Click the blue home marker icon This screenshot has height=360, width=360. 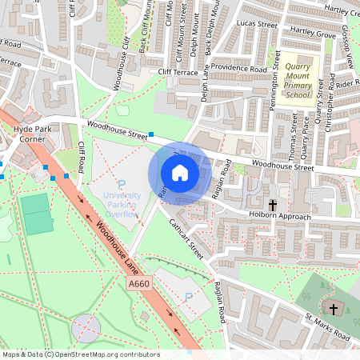click(180, 173)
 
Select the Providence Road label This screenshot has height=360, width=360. click(238, 69)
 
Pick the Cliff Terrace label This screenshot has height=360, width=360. click(177, 71)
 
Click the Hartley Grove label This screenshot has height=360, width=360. click(313, 33)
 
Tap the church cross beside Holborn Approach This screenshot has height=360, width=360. click(272, 205)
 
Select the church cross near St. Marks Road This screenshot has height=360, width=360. click(334, 308)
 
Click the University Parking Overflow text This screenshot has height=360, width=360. click(122, 204)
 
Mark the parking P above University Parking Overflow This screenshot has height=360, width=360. click(122, 184)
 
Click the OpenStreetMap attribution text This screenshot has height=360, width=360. click(80, 354)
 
